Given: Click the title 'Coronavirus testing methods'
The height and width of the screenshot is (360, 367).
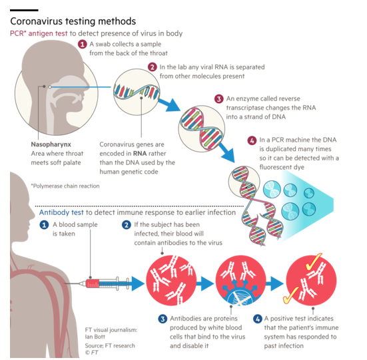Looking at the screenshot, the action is pyautogui.click(x=73, y=21).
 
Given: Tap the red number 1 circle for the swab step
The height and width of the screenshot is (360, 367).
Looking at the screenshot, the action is pyautogui.click(x=83, y=44).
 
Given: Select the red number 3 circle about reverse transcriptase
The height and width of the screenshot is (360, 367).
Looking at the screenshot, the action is pyautogui.click(x=219, y=99).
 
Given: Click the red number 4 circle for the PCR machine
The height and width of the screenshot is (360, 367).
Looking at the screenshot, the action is pyautogui.click(x=252, y=140).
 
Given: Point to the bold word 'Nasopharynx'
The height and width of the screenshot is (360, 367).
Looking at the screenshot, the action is pyautogui.click(x=51, y=144).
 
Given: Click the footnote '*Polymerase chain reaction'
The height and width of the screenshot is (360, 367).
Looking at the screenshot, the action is pyautogui.click(x=65, y=186).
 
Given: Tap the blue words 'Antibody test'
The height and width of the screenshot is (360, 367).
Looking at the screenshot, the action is pyautogui.click(x=61, y=212).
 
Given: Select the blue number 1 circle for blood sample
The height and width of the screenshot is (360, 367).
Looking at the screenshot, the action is pyautogui.click(x=44, y=225).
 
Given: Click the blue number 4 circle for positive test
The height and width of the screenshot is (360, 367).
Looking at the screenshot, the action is pyautogui.click(x=258, y=319).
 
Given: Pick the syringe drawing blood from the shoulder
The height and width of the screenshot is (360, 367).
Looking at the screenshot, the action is pyautogui.click(x=97, y=283).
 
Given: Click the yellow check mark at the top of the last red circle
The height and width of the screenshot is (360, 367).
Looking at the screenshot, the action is pyautogui.click(x=314, y=261).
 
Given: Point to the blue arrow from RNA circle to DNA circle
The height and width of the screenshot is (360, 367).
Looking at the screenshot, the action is pyautogui.click(x=169, y=104).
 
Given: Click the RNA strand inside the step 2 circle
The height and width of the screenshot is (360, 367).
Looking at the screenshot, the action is pyautogui.click(x=137, y=92).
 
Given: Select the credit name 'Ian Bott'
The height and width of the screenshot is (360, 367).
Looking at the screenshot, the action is pyautogui.click(x=95, y=337).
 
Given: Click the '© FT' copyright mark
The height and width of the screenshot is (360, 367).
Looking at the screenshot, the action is pyautogui.click(x=91, y=352).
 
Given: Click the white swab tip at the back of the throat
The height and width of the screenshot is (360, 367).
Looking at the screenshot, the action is pyautogui.click(x=50, y=87).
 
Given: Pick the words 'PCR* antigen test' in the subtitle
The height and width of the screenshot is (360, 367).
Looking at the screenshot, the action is pyautogui.click(x=39, y=33).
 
